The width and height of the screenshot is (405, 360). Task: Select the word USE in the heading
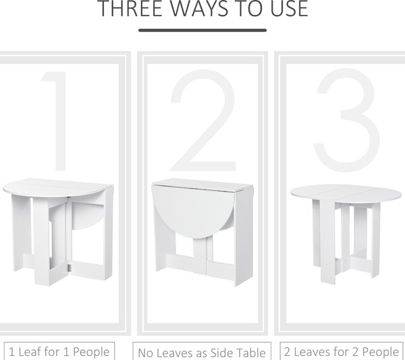[290, 9]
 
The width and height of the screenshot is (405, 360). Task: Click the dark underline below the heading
[202, 30]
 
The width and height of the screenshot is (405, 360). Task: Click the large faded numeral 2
[203, 120]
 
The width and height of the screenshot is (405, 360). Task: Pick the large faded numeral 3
[347, 120]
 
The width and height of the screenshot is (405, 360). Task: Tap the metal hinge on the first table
[70, 267]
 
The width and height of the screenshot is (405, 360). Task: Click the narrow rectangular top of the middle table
[202, 185]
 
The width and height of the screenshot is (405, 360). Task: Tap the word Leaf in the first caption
[30, 352]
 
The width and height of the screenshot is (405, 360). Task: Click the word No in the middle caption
[144, 353]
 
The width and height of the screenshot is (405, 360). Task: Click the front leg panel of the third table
[328, 242]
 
